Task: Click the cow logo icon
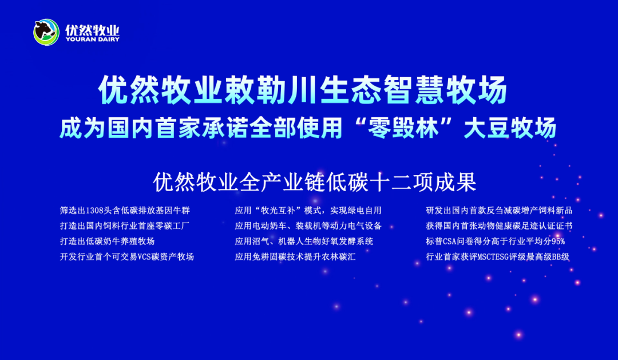[x=46, y=32]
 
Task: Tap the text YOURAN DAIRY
[x=93, y=39]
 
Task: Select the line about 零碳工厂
[x=125, y=226]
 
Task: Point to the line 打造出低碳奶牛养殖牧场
[x=107, y=242]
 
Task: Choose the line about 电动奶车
[x=308, y=226]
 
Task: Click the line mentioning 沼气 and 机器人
[x=304, y=242]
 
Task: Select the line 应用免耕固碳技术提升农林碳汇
[x=295, y=256]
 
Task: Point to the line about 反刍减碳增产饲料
[x=499, y=211]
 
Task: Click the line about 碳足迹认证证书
[x=499, y=226]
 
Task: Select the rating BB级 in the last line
[x=561, y=257]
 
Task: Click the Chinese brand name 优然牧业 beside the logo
[x=92, y=30]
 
